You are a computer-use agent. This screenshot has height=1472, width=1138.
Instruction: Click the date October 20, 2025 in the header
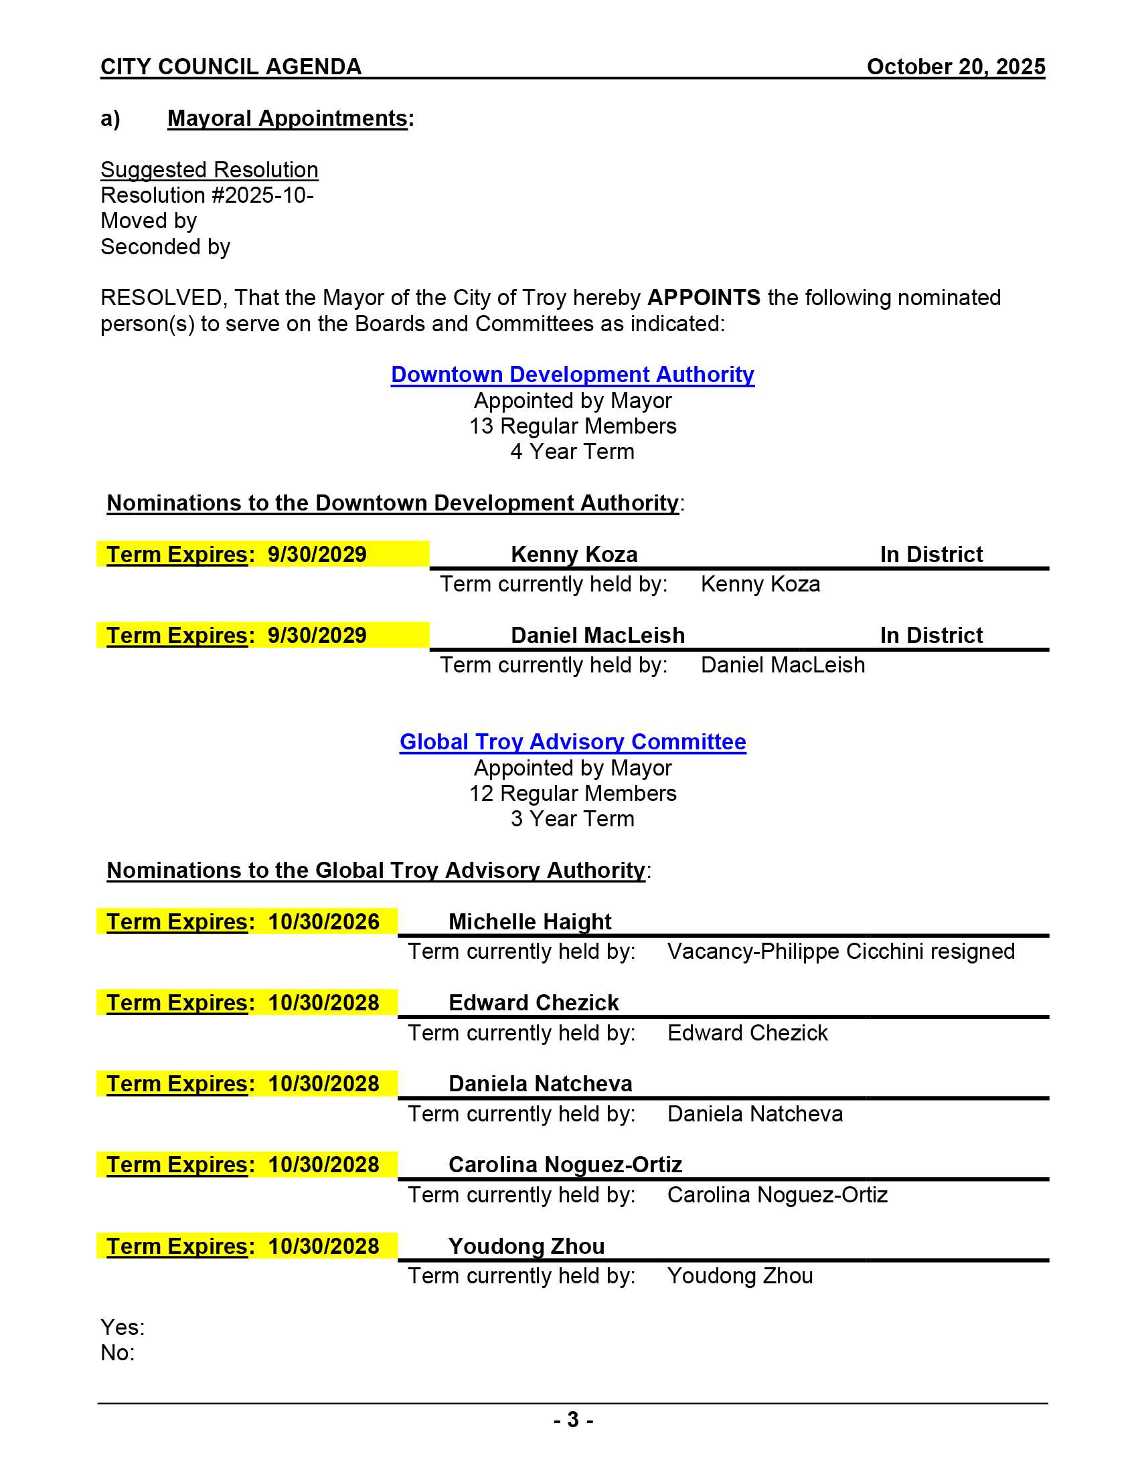click(x=955, y=67)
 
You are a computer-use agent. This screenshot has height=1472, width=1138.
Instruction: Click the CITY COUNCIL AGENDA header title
click(x=230, y=67)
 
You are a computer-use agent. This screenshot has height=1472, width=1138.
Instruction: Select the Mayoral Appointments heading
click(x=287, y=118)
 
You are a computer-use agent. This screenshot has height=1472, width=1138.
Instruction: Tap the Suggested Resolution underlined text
click(x=209, y=170)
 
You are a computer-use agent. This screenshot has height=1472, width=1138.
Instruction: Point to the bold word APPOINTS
click(x=703, y=297)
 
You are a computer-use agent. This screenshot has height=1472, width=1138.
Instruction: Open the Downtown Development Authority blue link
click(x=572, y=374)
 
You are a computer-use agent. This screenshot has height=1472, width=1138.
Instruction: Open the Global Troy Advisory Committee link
click(x=572, y=741)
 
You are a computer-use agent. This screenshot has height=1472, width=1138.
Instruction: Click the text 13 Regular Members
click(x=572, y=426)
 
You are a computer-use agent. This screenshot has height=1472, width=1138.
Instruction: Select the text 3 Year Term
click(x=572, y=818)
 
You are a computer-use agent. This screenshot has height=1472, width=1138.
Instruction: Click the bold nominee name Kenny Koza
click(x=574, y=554)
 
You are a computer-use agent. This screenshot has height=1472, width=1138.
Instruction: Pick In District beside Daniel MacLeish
click(x=931, y=635)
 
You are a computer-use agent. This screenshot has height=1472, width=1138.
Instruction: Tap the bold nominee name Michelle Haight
click(x=530, y=921)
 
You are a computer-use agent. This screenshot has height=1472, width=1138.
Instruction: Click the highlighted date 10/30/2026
click(x=323, y=921)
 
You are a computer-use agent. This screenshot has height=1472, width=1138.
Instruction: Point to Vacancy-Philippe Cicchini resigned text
click(x=841, y=951)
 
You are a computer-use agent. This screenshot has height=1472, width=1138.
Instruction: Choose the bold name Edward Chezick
click(x=534, y=1002)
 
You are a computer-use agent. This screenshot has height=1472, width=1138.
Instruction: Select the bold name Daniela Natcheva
click(x=540, y=1083)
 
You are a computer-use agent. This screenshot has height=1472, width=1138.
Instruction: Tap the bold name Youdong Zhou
click(x=526, y=1246)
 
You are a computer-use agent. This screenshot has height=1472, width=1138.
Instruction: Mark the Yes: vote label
click(x=122, y=1326)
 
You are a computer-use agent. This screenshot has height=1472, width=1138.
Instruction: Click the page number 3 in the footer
click(x=572, y=1419)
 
